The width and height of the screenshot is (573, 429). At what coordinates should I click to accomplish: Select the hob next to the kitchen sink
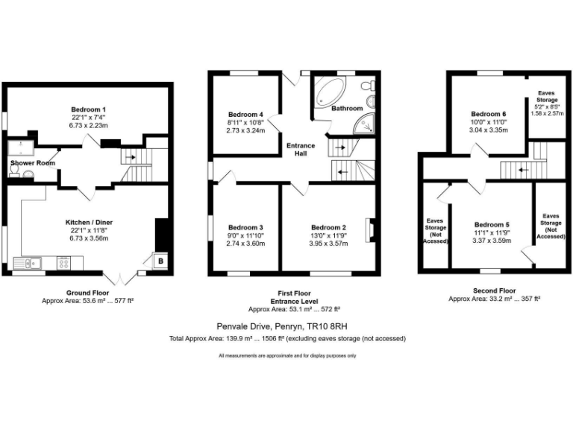[x=64, y=262]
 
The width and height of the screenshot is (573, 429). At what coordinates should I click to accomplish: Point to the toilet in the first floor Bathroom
[x=368, y=89]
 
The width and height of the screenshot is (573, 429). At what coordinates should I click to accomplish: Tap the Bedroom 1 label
[x=89, y=109]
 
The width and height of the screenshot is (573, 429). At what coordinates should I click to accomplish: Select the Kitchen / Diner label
[x=89, y=222]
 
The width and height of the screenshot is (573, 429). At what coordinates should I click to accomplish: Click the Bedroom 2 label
[x=328, y=227]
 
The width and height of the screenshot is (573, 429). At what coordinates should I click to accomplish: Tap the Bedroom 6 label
[x=489, y=114]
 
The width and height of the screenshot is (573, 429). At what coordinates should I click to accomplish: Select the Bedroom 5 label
[x=492, y=224]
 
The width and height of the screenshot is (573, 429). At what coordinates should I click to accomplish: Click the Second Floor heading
[x=494, y=290]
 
